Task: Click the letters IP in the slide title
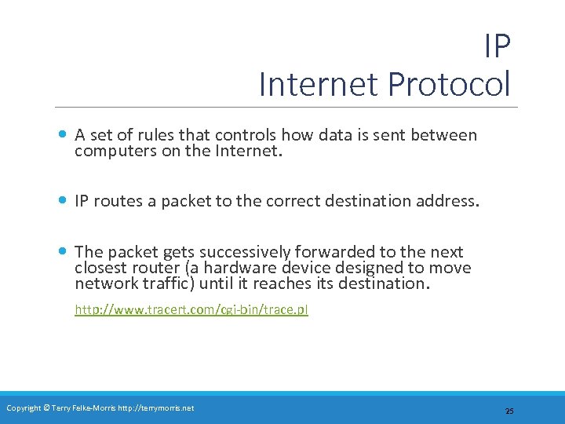point(497,47)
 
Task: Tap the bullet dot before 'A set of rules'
point(63,134)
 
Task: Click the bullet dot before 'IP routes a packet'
point(63,200)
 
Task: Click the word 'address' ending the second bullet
point(446,201)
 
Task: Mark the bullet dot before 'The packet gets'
point(63,251)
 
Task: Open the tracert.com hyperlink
point(191,309)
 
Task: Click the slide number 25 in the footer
point(509,411)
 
